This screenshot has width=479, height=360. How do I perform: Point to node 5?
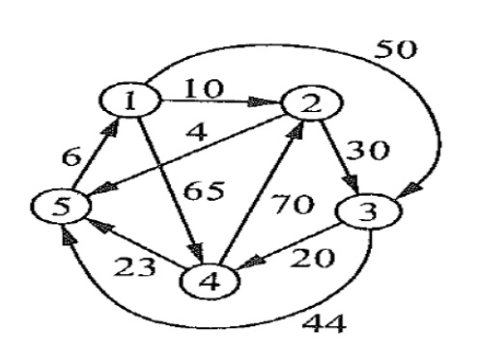pos(55,207)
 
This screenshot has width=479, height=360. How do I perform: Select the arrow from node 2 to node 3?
pos(333,159)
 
